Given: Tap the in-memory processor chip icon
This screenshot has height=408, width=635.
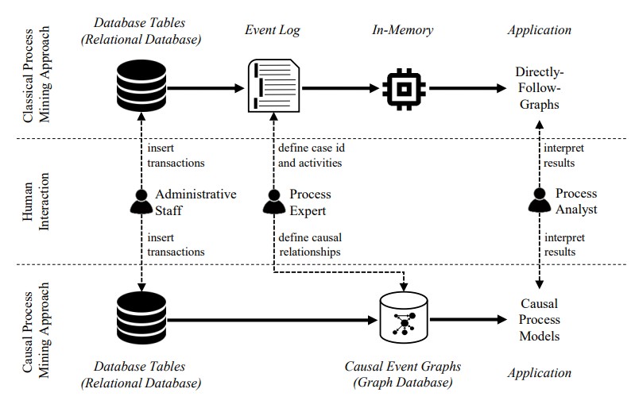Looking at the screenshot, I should [402, 87].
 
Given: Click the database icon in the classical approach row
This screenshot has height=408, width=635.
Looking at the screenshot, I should [140, 86].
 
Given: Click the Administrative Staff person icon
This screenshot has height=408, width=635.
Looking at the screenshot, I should [141, 203].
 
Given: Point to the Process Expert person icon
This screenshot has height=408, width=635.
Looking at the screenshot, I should [273, 203].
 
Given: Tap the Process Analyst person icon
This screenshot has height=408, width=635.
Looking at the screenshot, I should [540, 203].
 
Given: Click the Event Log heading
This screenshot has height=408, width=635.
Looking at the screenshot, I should [273, 30].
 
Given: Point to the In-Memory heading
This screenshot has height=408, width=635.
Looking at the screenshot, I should [402, 30].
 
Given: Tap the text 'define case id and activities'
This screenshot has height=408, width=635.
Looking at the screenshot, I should [310, 156].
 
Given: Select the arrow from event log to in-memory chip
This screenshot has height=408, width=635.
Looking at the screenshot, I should [337, 87].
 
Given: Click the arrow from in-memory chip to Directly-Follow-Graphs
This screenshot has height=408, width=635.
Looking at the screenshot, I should [465, 87].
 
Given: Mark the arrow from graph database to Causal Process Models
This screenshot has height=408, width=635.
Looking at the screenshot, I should [469, 320].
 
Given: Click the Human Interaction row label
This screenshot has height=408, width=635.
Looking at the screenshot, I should [35, 203].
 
